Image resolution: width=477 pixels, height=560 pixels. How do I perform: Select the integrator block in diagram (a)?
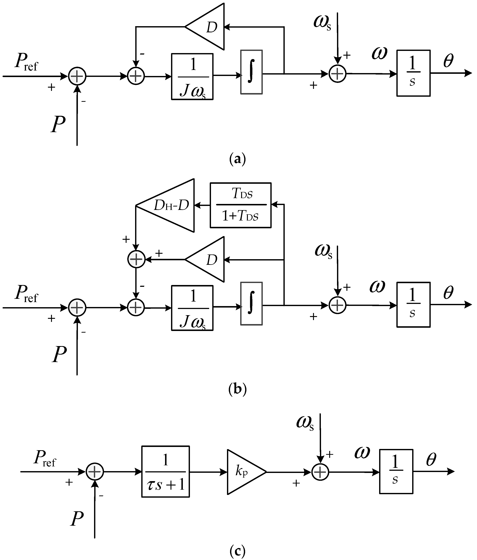point(251,72)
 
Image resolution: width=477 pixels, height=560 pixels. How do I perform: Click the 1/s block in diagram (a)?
point(413,73)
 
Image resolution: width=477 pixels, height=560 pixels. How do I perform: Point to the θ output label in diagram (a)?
point(448,61)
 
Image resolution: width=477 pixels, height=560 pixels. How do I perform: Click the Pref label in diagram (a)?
point(26,62)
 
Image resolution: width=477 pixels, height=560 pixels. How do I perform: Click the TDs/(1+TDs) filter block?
point(240,205)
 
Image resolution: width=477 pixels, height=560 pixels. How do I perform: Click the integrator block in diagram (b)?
point(251,304)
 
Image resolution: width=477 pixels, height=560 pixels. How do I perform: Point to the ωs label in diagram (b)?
point(323,251)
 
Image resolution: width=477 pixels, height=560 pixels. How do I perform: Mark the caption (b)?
point(237,390)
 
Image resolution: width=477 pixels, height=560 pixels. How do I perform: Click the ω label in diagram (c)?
point(362,452)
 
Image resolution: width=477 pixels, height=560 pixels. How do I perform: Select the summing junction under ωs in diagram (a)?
point(337,73)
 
